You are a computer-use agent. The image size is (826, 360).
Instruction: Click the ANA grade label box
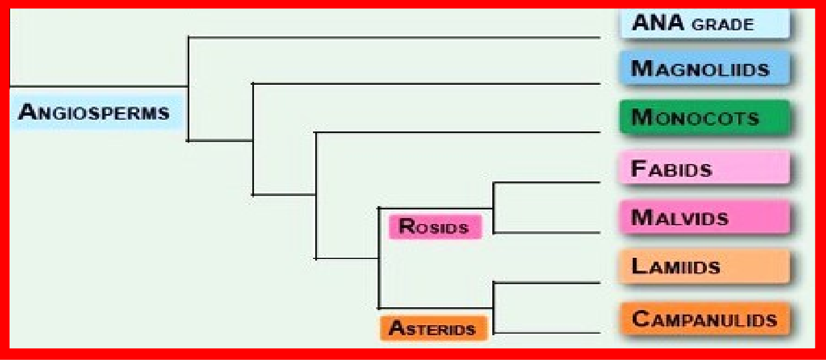tap(704, 24)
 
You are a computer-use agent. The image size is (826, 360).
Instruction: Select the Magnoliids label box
tap(704, 69)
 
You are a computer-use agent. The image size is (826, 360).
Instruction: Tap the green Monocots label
tap(704, 117)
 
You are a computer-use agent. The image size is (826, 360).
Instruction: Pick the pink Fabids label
tap(704, 168)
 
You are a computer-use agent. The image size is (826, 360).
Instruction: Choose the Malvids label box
tap(704, 217)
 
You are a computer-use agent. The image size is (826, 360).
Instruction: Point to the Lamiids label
tap(704, 266)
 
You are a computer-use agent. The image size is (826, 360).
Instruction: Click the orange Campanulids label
tap(704, 320)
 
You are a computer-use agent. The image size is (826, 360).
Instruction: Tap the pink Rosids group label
tap(435, 227)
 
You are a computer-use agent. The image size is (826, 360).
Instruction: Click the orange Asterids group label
tap(433, 328)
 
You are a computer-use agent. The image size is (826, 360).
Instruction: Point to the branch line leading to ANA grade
tap(393, 38)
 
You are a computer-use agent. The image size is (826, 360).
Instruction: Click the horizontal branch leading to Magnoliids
tap(427, 84)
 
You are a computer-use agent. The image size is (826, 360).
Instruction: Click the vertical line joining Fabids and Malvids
tap(493, 208)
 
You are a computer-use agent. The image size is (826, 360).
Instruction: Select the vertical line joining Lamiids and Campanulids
tap(493, 308)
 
